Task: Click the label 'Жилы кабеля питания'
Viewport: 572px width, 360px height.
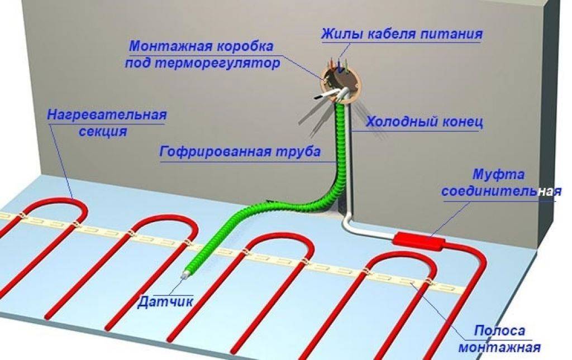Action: coord(402,34)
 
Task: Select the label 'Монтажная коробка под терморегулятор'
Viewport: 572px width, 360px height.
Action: coord(202,55)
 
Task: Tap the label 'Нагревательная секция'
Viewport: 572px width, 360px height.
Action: coord(107,123)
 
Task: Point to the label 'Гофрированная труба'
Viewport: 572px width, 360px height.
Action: coord(240,151)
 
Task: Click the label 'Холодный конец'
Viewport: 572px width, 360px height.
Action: coord(425,122)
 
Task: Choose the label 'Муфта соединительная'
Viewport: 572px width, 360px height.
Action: coord(501,183)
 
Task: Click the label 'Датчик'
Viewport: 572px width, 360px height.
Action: coord(165,302)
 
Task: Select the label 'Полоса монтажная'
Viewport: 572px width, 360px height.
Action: coord(499,339)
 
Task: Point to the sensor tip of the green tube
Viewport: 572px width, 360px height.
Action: coord(183,276)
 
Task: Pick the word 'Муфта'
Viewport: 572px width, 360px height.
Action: coord(499,175)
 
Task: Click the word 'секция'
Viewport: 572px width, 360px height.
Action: coord(103,131)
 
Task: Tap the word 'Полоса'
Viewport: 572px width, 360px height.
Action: coord(500,331)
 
